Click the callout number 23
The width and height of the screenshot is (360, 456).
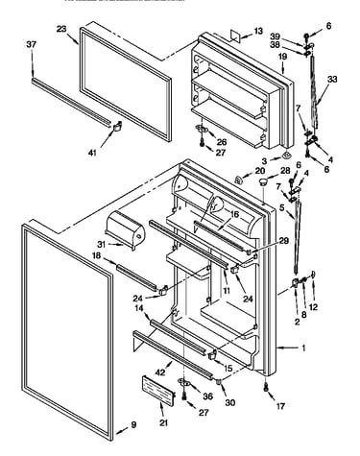coord(61,29)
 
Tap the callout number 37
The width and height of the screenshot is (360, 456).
coord(32,44)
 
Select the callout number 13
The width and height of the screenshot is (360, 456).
coord(258,31)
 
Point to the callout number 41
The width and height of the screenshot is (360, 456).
coord(92,153)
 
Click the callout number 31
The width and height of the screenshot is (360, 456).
coord(102,244)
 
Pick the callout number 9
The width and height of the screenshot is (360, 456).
coord(133,424)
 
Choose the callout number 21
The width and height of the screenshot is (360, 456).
coord(163,423)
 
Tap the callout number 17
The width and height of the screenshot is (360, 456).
coord(280,406)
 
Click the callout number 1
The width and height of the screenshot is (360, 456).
coord(303,348)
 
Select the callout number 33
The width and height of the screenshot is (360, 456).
coord(332,79)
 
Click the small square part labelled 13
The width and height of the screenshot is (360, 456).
coord(235,36)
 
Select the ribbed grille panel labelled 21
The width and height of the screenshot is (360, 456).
coord(158,388)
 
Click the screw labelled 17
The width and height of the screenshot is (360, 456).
coord(266,388)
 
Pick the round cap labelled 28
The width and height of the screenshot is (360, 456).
coord(263,182)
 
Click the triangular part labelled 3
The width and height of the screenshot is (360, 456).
coord(286,156)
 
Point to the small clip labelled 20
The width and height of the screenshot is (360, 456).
coord(239,180)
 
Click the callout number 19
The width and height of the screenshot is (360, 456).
coord(282,57)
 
